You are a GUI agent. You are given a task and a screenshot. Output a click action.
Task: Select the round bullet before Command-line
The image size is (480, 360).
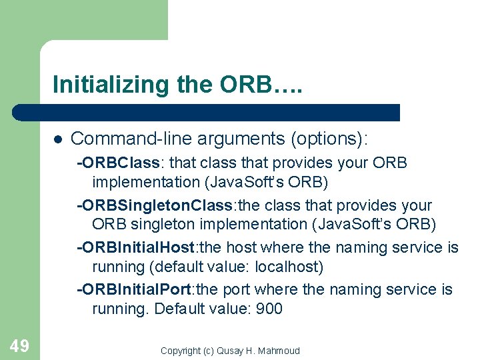(x=57, y=139)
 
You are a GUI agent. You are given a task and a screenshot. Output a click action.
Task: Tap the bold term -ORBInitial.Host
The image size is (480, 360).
(x=136, y=248)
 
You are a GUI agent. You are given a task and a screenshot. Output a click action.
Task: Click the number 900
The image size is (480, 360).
(x=269, y=309)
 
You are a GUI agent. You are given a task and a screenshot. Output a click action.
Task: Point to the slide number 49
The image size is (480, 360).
(x=19, y=345)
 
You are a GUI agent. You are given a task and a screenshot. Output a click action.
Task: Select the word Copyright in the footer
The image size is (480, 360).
(x=181, y=351)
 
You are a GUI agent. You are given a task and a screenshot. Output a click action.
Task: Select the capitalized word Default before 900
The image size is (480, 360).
(x=180, y=309)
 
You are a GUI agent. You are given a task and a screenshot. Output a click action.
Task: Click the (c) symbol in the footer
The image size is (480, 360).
(x=208, y=351)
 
